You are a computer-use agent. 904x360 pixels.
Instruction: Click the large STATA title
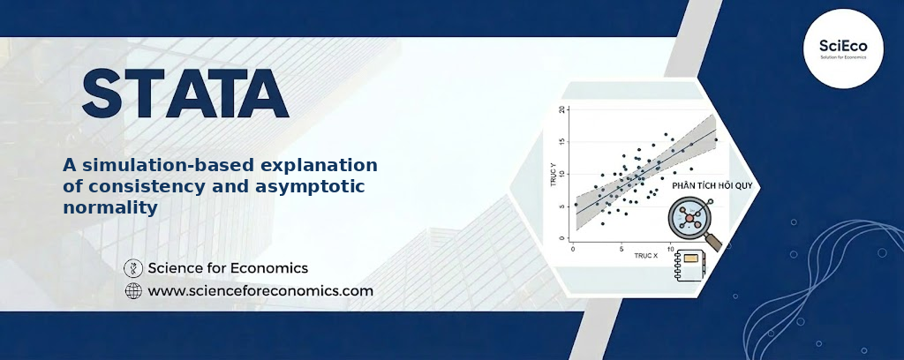[185, 94]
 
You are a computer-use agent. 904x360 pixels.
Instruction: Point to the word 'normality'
[110, 207]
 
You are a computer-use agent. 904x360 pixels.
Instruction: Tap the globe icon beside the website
[133, 291]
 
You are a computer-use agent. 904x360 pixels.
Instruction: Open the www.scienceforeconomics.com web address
[260, 291]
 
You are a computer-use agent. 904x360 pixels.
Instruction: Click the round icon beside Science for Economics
[133, 268]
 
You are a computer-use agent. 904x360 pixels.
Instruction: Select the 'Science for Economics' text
[228, 268]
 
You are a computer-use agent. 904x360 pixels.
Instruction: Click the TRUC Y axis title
[553, 173]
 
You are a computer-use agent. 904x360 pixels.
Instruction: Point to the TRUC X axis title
[645, 255]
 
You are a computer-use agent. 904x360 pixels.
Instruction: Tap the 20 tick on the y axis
[562, 109]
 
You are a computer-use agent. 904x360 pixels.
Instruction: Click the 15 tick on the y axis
[562, 142]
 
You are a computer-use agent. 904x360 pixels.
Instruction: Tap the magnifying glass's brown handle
[713, 243]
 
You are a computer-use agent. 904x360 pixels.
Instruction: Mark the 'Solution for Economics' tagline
[843, 57]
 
